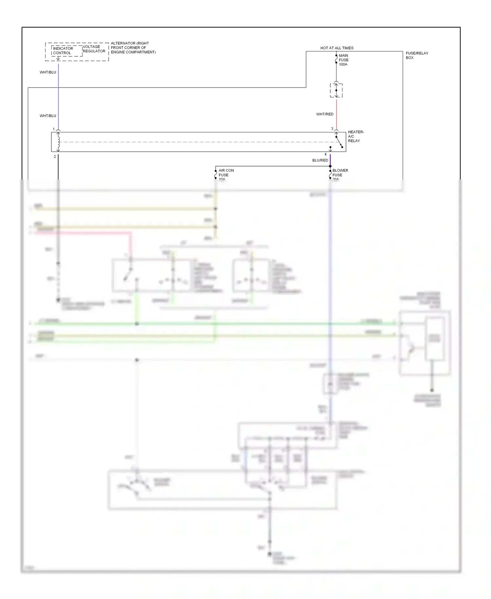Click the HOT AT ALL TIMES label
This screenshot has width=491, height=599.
point(336,48)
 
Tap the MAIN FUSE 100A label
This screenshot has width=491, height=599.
point(343,60)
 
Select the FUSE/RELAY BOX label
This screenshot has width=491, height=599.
point(417,55)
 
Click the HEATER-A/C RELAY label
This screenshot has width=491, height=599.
point(355,136)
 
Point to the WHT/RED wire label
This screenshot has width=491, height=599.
point(324,114)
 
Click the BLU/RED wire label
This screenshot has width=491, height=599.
point(320,160)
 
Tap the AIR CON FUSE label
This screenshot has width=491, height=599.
point(226,173)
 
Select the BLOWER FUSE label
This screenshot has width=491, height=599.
point(340,173)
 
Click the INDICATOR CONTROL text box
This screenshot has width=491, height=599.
point(63,51)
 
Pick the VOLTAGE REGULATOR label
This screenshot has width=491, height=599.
point(94,49)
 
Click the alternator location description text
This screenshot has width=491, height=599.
point(133,48)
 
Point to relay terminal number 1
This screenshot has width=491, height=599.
point(54,129)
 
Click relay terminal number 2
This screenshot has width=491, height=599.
point(55,157)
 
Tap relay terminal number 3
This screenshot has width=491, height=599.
point(332,128)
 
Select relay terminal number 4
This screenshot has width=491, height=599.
point(325,154)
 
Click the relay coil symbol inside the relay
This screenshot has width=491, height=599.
point(59,142)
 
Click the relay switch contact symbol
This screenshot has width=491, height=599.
point(339,142)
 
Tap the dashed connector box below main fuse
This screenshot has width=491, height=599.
point(336,90)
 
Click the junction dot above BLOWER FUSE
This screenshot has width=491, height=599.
point(330,166)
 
